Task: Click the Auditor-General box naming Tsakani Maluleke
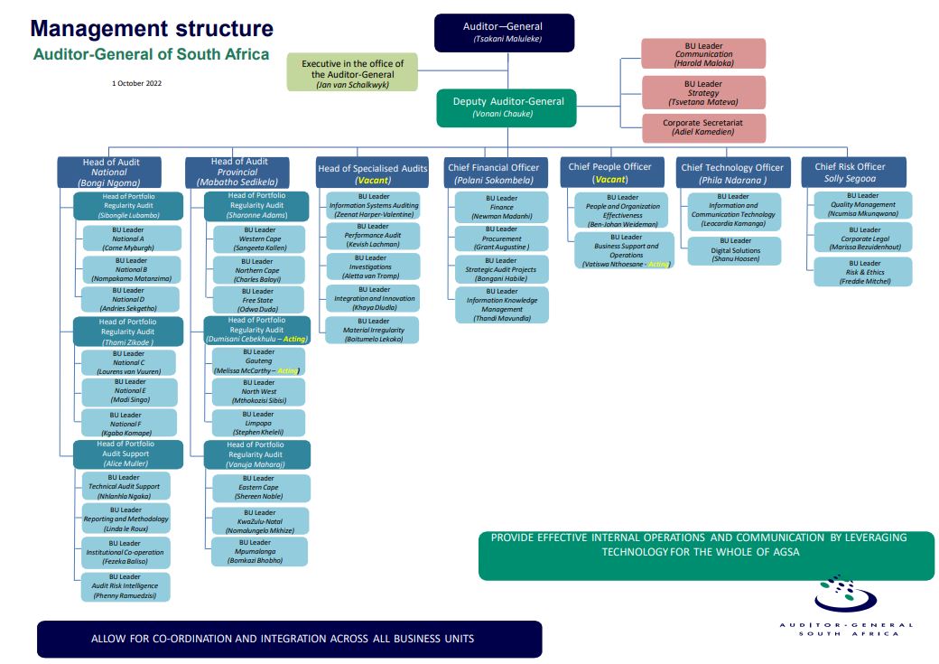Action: [503, 32]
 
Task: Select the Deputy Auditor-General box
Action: [507, 108]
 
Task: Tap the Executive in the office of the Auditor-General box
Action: [353, 72]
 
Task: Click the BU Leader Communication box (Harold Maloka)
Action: [703, 54]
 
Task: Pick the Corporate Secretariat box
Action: [703, 127]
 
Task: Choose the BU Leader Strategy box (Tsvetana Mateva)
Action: [703, 93]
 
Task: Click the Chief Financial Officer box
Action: [493, 173]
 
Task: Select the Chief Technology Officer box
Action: [732, 173]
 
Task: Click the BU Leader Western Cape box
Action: [260, 238]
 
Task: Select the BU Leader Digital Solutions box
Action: [735, 250]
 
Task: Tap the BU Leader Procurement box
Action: [502, 238]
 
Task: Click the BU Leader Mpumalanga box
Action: [260, 551]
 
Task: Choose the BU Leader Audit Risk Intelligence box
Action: [125, 586]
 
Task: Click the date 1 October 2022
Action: [136, 83]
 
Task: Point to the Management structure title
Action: [153, 29]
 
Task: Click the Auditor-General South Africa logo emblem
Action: [845, 594]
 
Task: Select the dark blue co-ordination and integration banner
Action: [289, 639]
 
